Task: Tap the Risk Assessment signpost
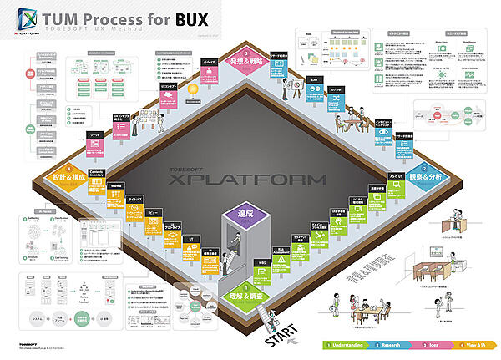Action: coord(282,252)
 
